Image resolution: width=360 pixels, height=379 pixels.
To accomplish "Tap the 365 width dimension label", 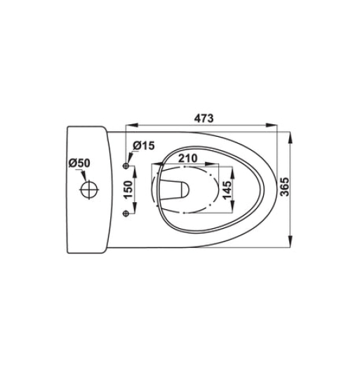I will (x=285, y=187).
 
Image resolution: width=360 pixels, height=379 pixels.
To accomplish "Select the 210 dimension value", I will (x=186, y=157).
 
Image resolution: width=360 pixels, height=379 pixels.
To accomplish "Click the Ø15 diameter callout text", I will (x=143, y=146).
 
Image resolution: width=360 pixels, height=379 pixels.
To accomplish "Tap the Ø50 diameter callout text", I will (x=80, y=164).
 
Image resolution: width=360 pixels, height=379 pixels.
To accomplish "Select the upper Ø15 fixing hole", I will (x=126, y=166).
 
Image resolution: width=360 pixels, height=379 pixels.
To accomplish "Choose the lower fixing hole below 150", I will (x=126, y=214).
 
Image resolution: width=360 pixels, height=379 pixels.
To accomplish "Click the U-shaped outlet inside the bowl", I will (x=178, y=187).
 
